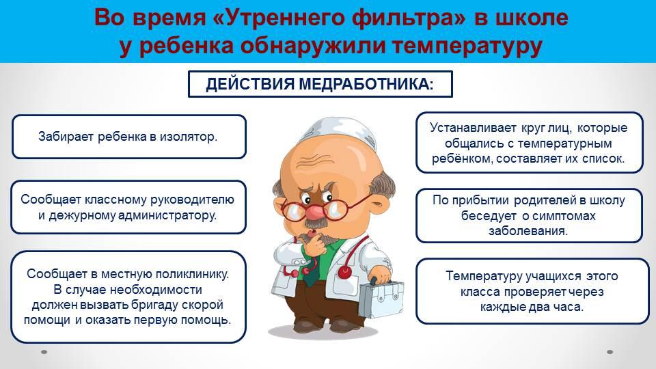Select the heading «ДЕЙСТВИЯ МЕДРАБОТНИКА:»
coord(320,84)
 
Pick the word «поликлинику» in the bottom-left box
coord(192,274)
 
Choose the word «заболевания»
coord(528,231)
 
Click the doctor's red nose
coord(314,211)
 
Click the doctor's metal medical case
coord(381,298)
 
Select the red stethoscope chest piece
coord(345,273)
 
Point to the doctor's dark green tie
coord(310,272)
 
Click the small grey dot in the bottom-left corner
coord(44,352)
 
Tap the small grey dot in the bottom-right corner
coord(610,352)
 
